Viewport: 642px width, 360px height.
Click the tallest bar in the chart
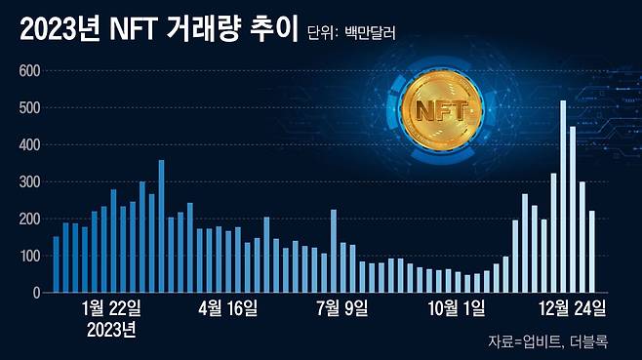(x=563, y=195)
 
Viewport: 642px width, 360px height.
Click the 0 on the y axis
(x=35, y=293)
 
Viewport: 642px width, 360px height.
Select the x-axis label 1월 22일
(x=112, y=309)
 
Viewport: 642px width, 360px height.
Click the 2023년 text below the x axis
(x=112, y=329)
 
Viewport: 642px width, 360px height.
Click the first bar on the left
(x=57, y=264)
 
